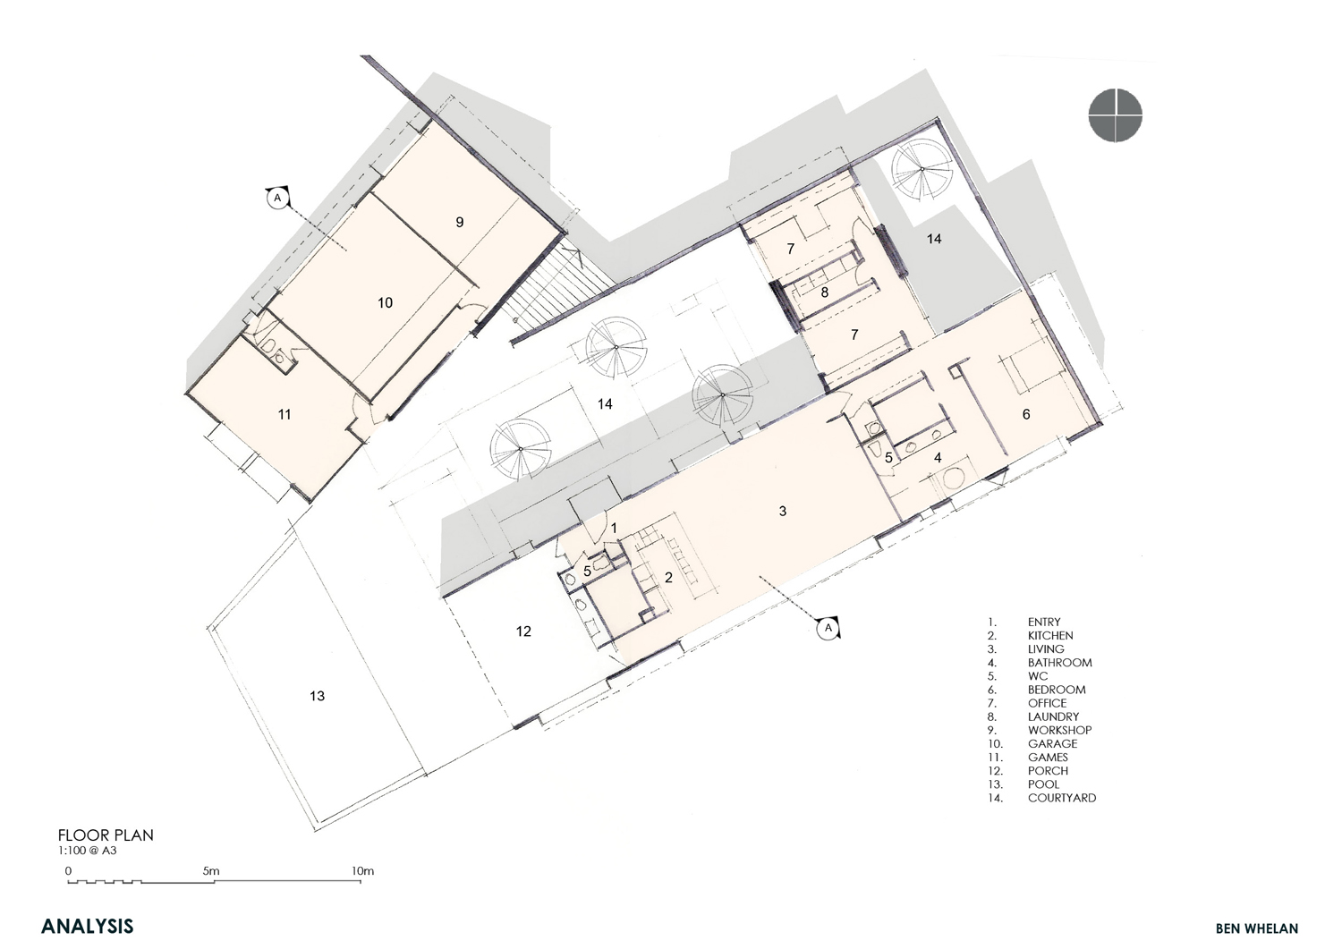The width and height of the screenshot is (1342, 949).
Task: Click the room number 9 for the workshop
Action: tap(460, 223)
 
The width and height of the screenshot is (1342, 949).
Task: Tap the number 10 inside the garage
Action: tap(386, 302)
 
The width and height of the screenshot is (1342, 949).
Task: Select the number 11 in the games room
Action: tap(285, 414)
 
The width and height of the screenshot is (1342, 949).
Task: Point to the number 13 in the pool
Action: tap(317, 696)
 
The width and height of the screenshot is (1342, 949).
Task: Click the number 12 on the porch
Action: tap(523, 631)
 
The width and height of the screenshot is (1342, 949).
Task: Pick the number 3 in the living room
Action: tap(783, 511)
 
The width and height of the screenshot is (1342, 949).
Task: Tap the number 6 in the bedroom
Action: tap(1026, 414)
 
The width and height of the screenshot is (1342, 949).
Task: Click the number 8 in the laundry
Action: tap(825, 292)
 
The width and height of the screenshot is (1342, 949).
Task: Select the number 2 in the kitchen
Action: tap(668, 577)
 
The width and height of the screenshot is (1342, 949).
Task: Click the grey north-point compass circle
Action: tap(1116, 115)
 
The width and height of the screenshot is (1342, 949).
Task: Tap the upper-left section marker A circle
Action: tap(277, 197)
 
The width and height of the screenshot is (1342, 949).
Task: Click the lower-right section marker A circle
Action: tap(828, 627)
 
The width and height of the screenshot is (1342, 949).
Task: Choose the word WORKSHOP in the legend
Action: tap(1060, 730)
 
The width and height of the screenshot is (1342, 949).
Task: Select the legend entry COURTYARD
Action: tap(1062, 798)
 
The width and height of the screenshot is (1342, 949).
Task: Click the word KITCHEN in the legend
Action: tap(1050, 635)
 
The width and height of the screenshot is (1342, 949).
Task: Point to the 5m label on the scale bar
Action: tap(211, 871)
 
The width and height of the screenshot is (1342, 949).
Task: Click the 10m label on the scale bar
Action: tap(362, 871)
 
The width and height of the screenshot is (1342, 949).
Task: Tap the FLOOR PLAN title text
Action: tap(106, 835)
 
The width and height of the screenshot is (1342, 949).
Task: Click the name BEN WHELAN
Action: tap(1257, 928)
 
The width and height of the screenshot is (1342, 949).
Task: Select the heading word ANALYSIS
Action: tap(88, 926)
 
